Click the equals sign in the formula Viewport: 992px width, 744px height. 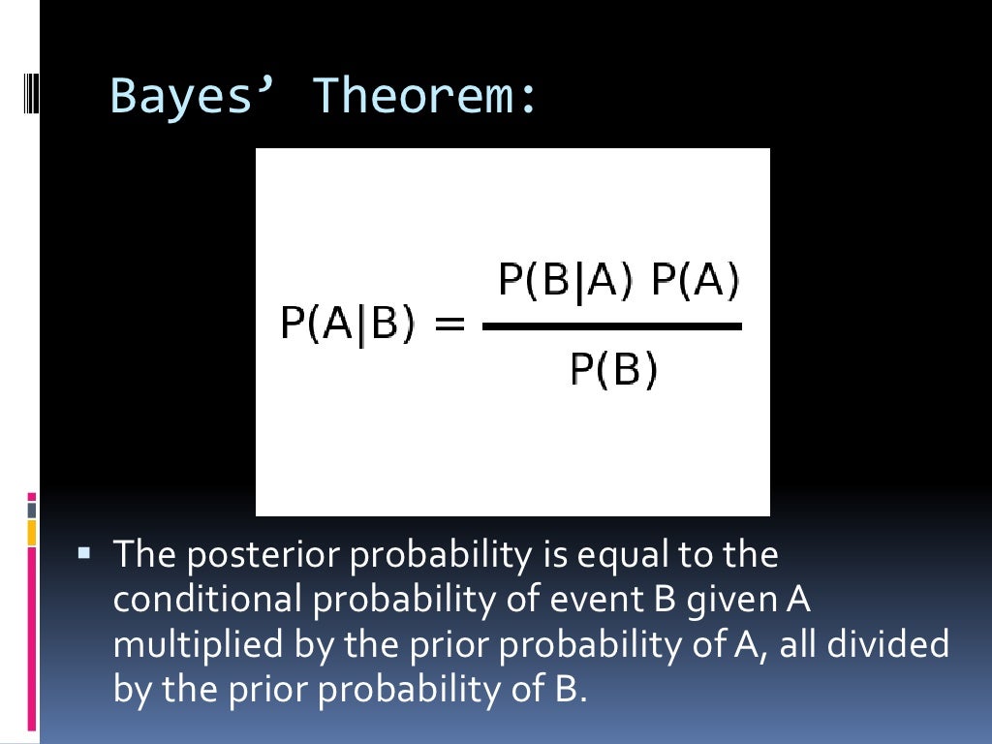(x=447, y=325)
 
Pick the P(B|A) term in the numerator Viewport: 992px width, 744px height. (x=566, y=282)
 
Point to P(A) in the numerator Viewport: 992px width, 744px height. (x=696, y=282)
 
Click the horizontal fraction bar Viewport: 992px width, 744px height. (x=612, y=326)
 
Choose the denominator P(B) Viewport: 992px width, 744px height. (x=613, y=369)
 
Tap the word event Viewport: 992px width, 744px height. (x=583, y=600)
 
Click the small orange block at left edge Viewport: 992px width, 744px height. (x=32, y=532)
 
